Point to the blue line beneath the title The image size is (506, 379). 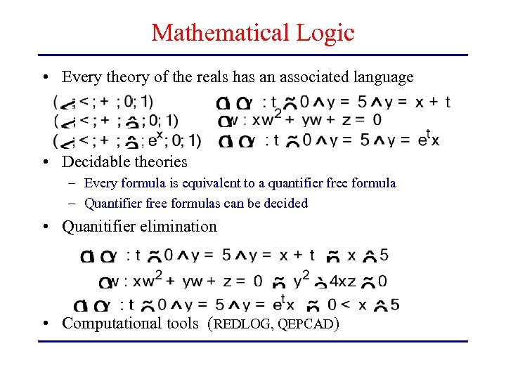[253, 55]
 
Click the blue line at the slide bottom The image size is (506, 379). [253, 342]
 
